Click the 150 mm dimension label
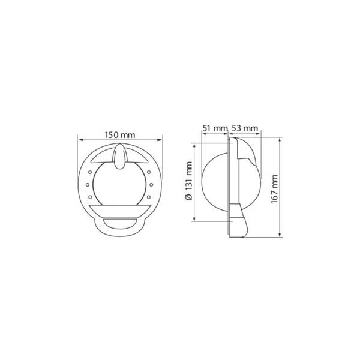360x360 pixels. (120, 135)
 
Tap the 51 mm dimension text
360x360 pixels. (215, 128)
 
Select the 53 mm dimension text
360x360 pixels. (245, 128)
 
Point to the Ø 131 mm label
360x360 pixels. (189, 181)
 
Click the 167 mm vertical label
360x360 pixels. (275, 189)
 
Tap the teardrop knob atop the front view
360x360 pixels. (119, 156)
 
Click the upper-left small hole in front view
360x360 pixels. (90, 172)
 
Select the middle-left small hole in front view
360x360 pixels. (88, 185)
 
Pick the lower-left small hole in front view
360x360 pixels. (90, 197)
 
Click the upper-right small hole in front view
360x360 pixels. (149, 172)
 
